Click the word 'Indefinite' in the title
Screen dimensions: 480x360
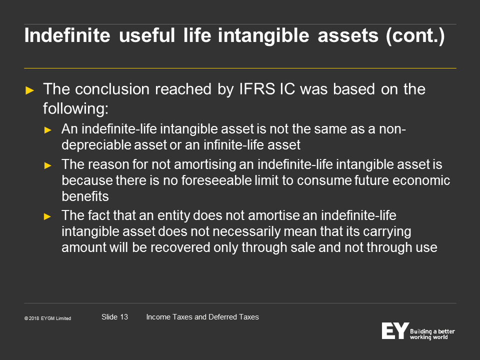pyautogui.click(x=67, y=35)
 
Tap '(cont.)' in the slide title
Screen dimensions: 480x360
pyautogui.click(x=415, y=36)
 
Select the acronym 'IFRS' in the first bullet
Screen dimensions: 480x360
pyautogui.click(x=257, y=89)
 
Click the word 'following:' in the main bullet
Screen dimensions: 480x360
pyautogui.click(x=75, y=108)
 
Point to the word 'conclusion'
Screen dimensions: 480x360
pyautogui.click(x=112, y=89)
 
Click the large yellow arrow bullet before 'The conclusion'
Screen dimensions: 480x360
pyautogui.click(x=29, y=90)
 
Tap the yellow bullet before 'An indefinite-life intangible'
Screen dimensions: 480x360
pyautogui.click(x=48, y=130)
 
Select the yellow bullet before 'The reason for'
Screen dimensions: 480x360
pyautogui.click(x=48, y=165)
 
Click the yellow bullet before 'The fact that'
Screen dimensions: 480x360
pyautogui.click(x=48, y=216)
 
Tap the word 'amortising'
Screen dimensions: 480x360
pyautogui.click(x=205, y=165)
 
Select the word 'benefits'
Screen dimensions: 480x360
pyautogui.click(x=85, y=196)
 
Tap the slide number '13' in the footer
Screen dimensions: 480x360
pyautogui.click(x=124, y=317)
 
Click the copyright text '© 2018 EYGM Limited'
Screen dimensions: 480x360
pyautogui.click(x=48, y=318)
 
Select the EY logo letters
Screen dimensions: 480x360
pyautogui.click(x=395, y=330)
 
